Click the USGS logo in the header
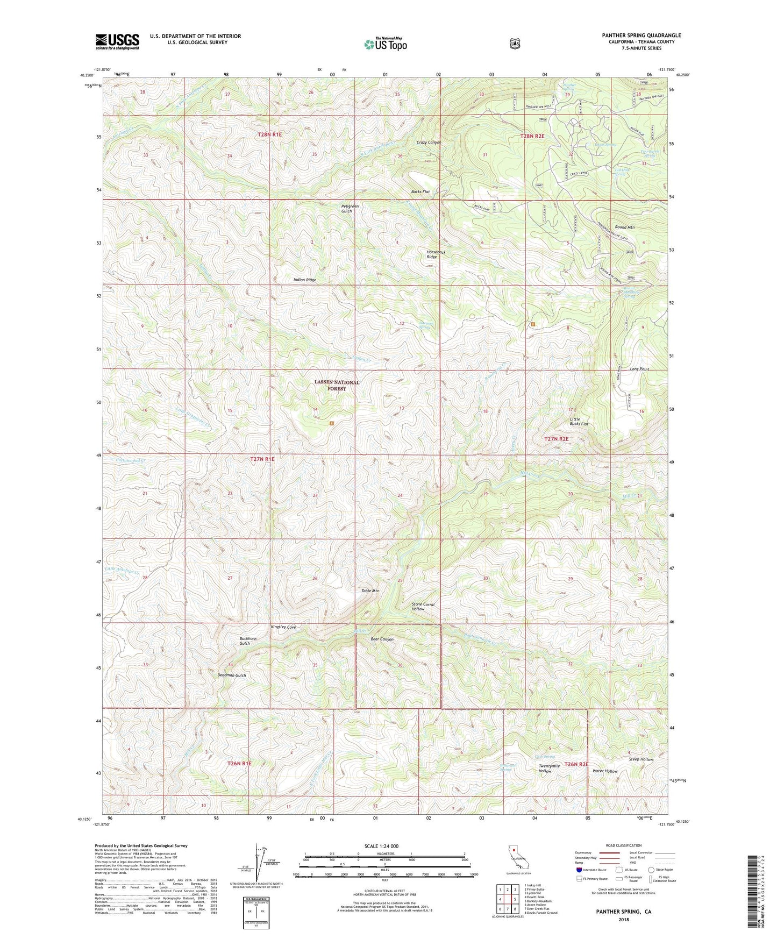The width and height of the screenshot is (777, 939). [117, 41]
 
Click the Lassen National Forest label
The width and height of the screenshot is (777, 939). [337, 385]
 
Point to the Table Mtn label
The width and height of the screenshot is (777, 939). [370, 591]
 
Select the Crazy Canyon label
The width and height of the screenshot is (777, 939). [429, 143]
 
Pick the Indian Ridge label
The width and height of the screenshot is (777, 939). [304, 280]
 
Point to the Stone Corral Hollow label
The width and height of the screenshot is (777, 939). [423, 607]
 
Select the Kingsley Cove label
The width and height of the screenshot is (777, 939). [283, 627]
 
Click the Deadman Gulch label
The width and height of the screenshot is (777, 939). [232, 675]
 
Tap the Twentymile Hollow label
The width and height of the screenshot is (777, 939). [549, 768]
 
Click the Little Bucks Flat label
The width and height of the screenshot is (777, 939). [579, 421]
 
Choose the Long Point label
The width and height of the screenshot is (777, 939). [639, 369]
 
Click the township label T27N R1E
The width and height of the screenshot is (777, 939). [262, 459]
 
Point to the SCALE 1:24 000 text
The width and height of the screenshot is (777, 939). [381, 846]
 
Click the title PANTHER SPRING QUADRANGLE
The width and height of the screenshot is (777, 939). [641, 35]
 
